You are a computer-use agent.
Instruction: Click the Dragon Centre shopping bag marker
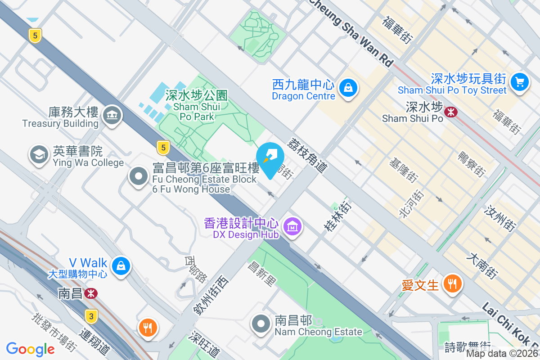[x=348, y=87]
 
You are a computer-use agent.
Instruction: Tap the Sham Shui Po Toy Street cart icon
[x=520, y=82]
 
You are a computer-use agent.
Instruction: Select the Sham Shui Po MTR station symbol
[x=450, y=113]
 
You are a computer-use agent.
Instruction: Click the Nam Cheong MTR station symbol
[x=91, y=293]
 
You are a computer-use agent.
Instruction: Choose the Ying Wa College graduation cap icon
[x=39, y=155]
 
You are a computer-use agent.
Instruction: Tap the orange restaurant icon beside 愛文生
[x=451, y=283]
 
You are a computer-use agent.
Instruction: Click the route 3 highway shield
[x=91, y=317]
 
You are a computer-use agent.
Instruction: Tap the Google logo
[x=30, y=349]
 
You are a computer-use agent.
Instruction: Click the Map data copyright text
[x=502, y=354]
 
